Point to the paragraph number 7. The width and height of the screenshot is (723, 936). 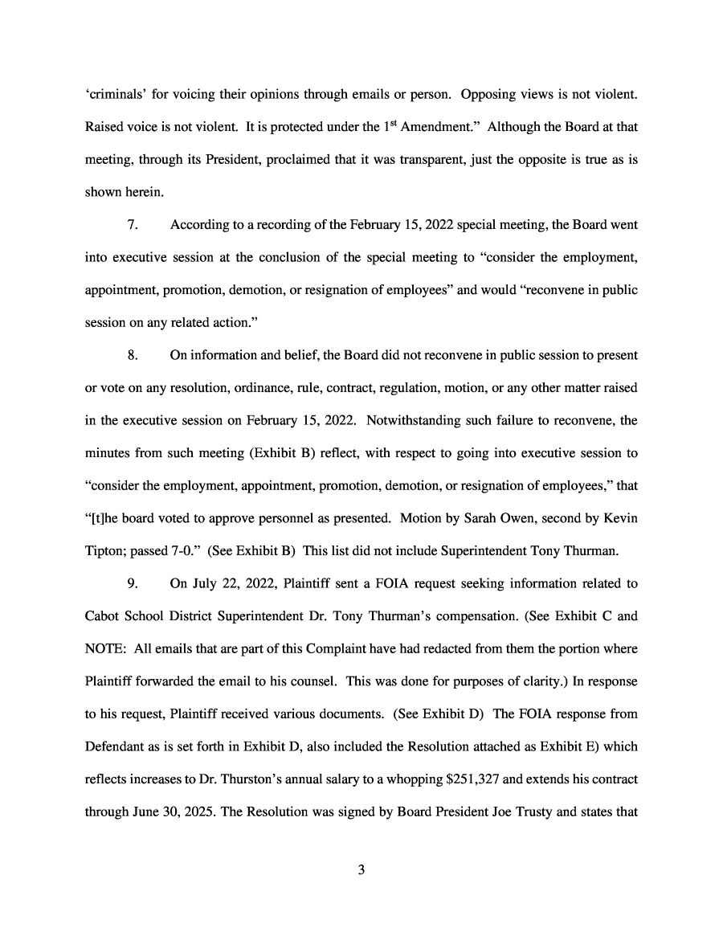[x=133, y=225]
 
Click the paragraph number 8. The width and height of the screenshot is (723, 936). [x=133, y=355]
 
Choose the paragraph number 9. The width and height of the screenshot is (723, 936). [x=133, y=615]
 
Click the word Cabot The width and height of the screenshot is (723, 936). [x=102, y=648]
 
